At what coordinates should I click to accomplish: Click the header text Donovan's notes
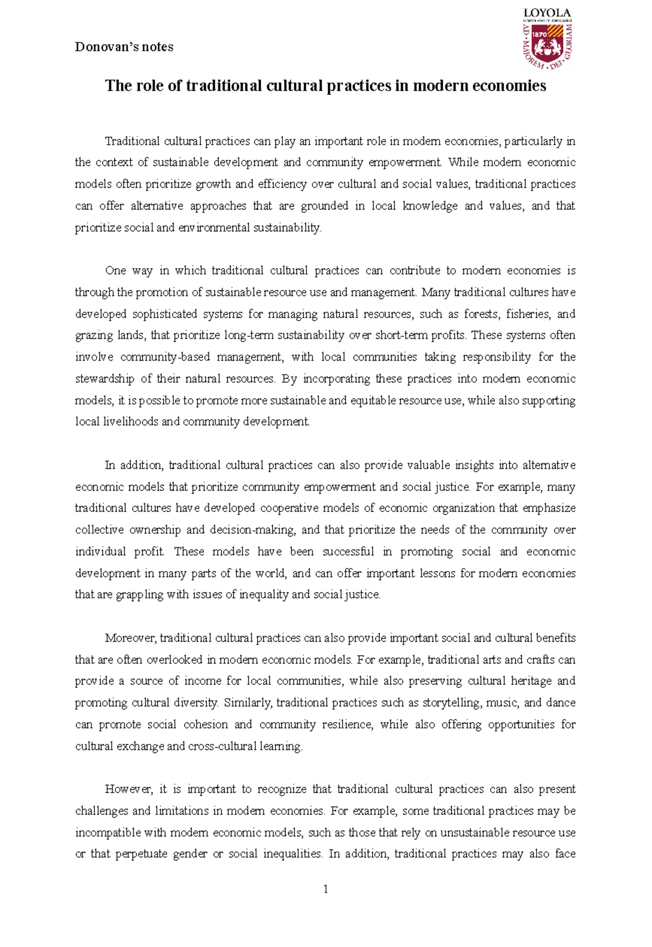[x=124, y=47]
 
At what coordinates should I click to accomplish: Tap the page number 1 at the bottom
[x=325, y=889]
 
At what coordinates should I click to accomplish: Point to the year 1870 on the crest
[x=539, y=34]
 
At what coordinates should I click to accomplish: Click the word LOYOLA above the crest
[x=547, y=12]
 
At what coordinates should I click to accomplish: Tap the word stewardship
[x=104, y=378]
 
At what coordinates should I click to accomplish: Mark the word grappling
[x=139, y=595]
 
